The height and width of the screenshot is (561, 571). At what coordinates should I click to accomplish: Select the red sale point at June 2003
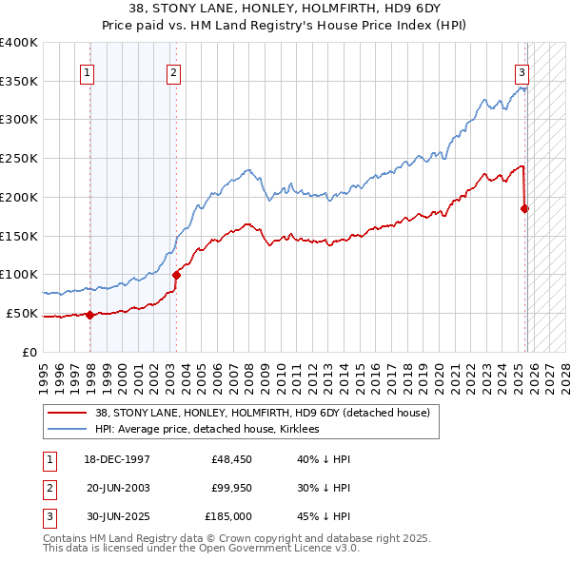pyautogui.click(x=176, y=275)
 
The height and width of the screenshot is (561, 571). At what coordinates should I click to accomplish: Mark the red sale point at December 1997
pyautogui.click(x=89, y=315)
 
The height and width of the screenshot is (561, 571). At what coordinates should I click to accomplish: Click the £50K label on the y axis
pyautogui.click(x=21, y=313)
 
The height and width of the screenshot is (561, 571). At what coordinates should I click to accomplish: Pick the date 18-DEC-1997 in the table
pyautogui.click(x=118, y=459)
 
